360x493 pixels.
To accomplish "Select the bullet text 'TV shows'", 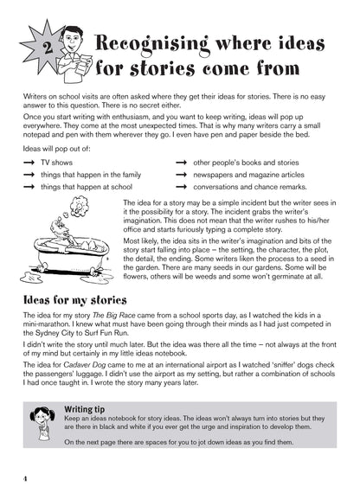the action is (x=57, y=163).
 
